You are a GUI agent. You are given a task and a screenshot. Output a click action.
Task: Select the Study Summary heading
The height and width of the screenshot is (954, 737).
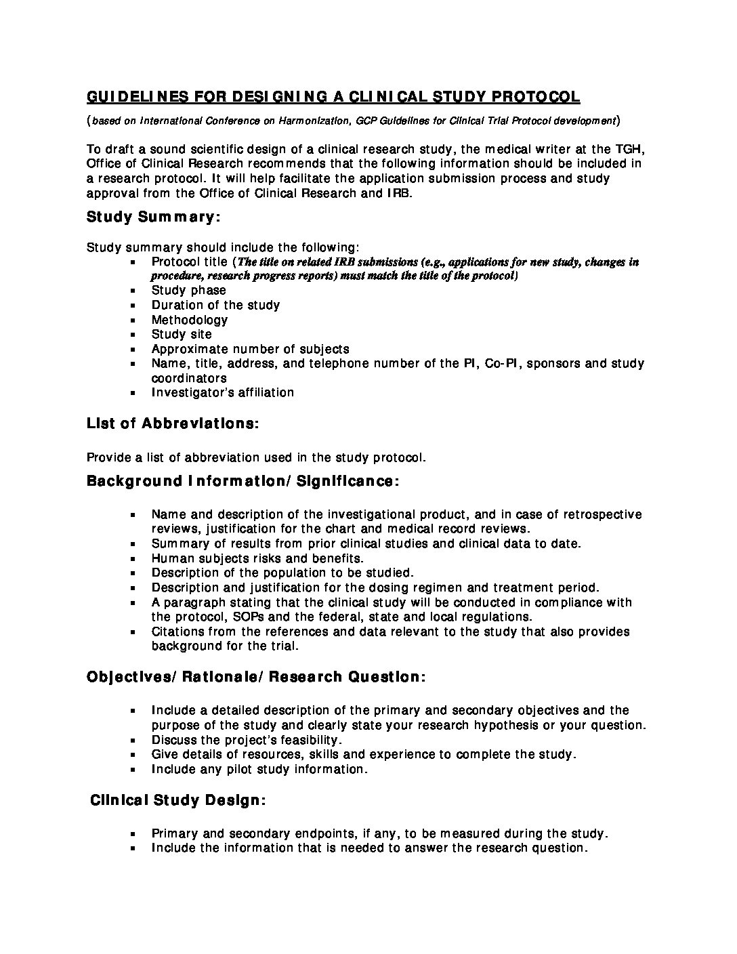coord(153,217)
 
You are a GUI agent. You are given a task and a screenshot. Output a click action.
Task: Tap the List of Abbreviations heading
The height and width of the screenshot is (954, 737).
coord(172,423)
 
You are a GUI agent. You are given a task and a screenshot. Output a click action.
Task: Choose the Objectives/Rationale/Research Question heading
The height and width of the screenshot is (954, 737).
coord(256,677)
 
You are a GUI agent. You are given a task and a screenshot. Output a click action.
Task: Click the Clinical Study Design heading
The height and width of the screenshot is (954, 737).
coord(178,800)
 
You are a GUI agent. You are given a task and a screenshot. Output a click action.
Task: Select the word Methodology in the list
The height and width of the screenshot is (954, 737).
coord(190,320)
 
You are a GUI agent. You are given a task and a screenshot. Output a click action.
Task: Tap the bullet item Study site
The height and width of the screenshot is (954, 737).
coord(182,334)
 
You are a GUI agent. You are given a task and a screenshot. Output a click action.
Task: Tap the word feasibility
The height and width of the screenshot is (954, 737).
coord(301,740)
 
